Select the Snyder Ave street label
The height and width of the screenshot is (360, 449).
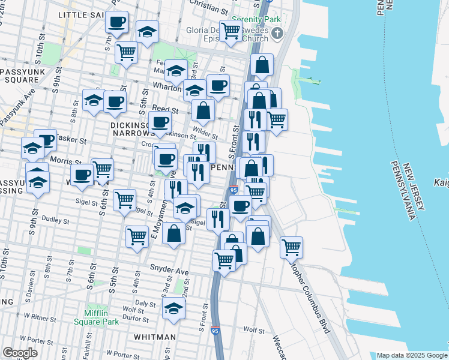click(169, 272)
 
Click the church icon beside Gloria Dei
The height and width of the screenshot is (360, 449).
click(277, 34)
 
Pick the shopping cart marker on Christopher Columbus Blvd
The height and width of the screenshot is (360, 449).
click(291, 247)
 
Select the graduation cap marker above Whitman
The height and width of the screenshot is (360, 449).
click(174, 308)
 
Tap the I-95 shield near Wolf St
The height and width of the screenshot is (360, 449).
click(215, 331)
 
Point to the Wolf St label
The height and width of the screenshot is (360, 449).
click(255, 330)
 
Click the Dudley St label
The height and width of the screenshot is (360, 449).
click(55, 220)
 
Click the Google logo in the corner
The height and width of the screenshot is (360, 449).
click(20, 352)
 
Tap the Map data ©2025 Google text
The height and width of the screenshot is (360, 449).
click(411, 355)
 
